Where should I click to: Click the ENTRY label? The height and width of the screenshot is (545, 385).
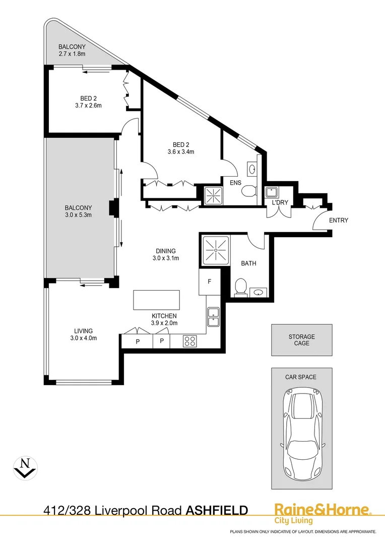(x=339, y=220)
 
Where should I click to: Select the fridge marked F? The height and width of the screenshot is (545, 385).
(x=209, y=282)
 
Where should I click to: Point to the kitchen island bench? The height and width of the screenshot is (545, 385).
(x=157, y=300)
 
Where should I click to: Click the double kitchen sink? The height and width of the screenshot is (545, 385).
(x=213, y=316)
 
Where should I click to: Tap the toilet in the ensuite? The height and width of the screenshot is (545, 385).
(x=248, y=190)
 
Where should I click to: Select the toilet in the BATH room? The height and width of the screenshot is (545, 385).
(x=240, y=288)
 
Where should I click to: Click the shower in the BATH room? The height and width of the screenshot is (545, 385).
(x=216, y=250)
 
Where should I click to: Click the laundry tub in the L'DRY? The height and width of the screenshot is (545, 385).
(x=270, y=192)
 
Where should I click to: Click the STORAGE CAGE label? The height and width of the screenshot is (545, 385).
(x=302, y=340)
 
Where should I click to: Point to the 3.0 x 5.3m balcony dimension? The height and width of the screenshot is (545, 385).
(x=79, y=215)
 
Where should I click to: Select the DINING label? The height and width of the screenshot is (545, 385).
(x=166, y=251)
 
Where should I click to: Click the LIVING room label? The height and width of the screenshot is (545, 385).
(x=83, y=331)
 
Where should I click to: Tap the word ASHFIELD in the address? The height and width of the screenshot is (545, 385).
(x=217, y=511)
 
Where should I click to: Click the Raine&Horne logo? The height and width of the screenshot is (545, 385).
(x=323, y=513)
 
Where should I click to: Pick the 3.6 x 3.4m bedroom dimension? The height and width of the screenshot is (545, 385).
(x=181, y=151)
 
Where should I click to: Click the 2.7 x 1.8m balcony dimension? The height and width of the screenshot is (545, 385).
(x=72, y=54)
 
